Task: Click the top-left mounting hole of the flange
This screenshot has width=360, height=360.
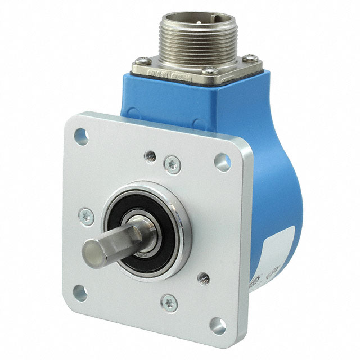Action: (x=82, y=135)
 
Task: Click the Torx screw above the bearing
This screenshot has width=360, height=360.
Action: (x=172, y=164)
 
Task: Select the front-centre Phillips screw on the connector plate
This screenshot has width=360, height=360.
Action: (x=209, y=71)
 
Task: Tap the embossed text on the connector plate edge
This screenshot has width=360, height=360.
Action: (x=169, y=74)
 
